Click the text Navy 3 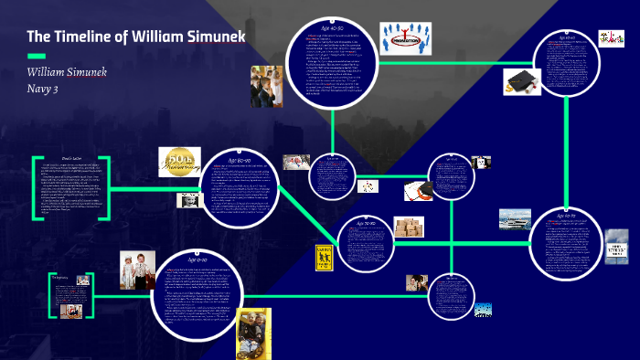(43, 88)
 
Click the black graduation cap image (520, 82)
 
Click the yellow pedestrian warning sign (322, 256)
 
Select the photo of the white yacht (515, 218)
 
